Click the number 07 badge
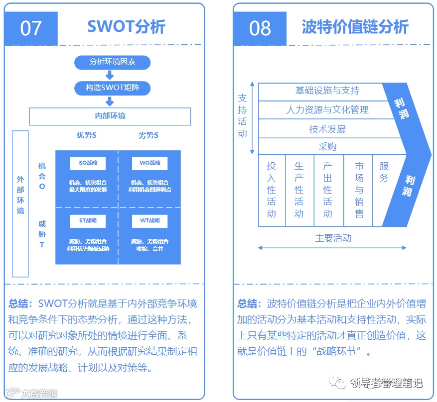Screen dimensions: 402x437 coord(31,28)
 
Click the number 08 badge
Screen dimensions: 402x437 coord(260,28)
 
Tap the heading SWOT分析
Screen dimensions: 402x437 coord(126,27)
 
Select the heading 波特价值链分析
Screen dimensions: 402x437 coord(355,27)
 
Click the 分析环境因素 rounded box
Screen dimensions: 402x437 coord(112,62)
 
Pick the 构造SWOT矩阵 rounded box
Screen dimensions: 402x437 coord(112,88)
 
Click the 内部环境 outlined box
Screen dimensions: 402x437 coord(110,116)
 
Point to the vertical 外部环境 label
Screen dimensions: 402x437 coord(20,195)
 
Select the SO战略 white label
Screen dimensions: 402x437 coord(88,163)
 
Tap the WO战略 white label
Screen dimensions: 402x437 coord(149,163)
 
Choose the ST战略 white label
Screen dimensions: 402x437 coord(88,220)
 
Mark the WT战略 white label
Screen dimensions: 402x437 coord(149,220)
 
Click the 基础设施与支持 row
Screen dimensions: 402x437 coord(327,91)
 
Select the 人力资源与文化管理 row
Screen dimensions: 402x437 coord(327,109)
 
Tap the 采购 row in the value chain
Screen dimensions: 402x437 coord(327,147)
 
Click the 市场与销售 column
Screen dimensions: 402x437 coord(359,190)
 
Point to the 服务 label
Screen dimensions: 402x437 coord(384,172)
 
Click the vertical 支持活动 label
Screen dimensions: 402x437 coord(242,115)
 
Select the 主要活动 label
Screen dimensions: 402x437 coord(333,238)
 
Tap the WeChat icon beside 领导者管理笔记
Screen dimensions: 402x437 coord(340,383)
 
